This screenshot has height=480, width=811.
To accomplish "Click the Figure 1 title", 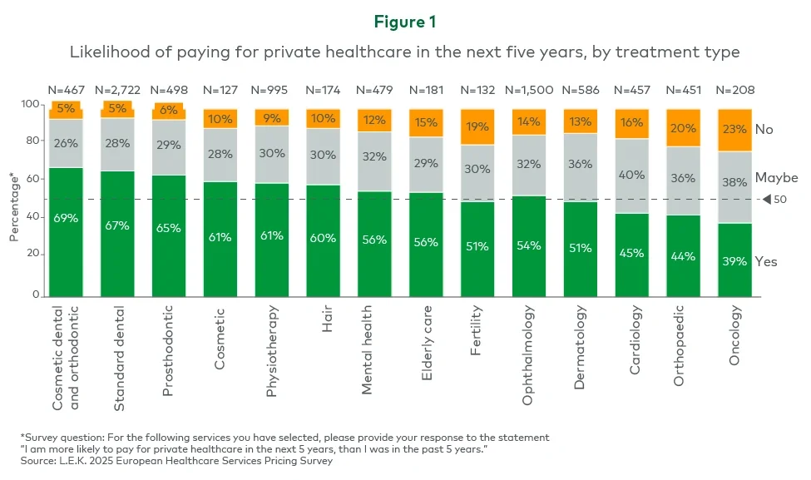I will click(405, 21).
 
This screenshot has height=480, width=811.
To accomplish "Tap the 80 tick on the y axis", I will click(34, 141).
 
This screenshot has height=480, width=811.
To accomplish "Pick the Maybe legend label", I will click(776, 178).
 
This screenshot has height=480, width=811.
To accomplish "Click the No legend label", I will click(764, 130).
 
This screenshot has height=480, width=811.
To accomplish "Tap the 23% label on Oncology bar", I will click(735, 129).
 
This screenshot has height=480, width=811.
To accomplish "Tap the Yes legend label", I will click(766, 261).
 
